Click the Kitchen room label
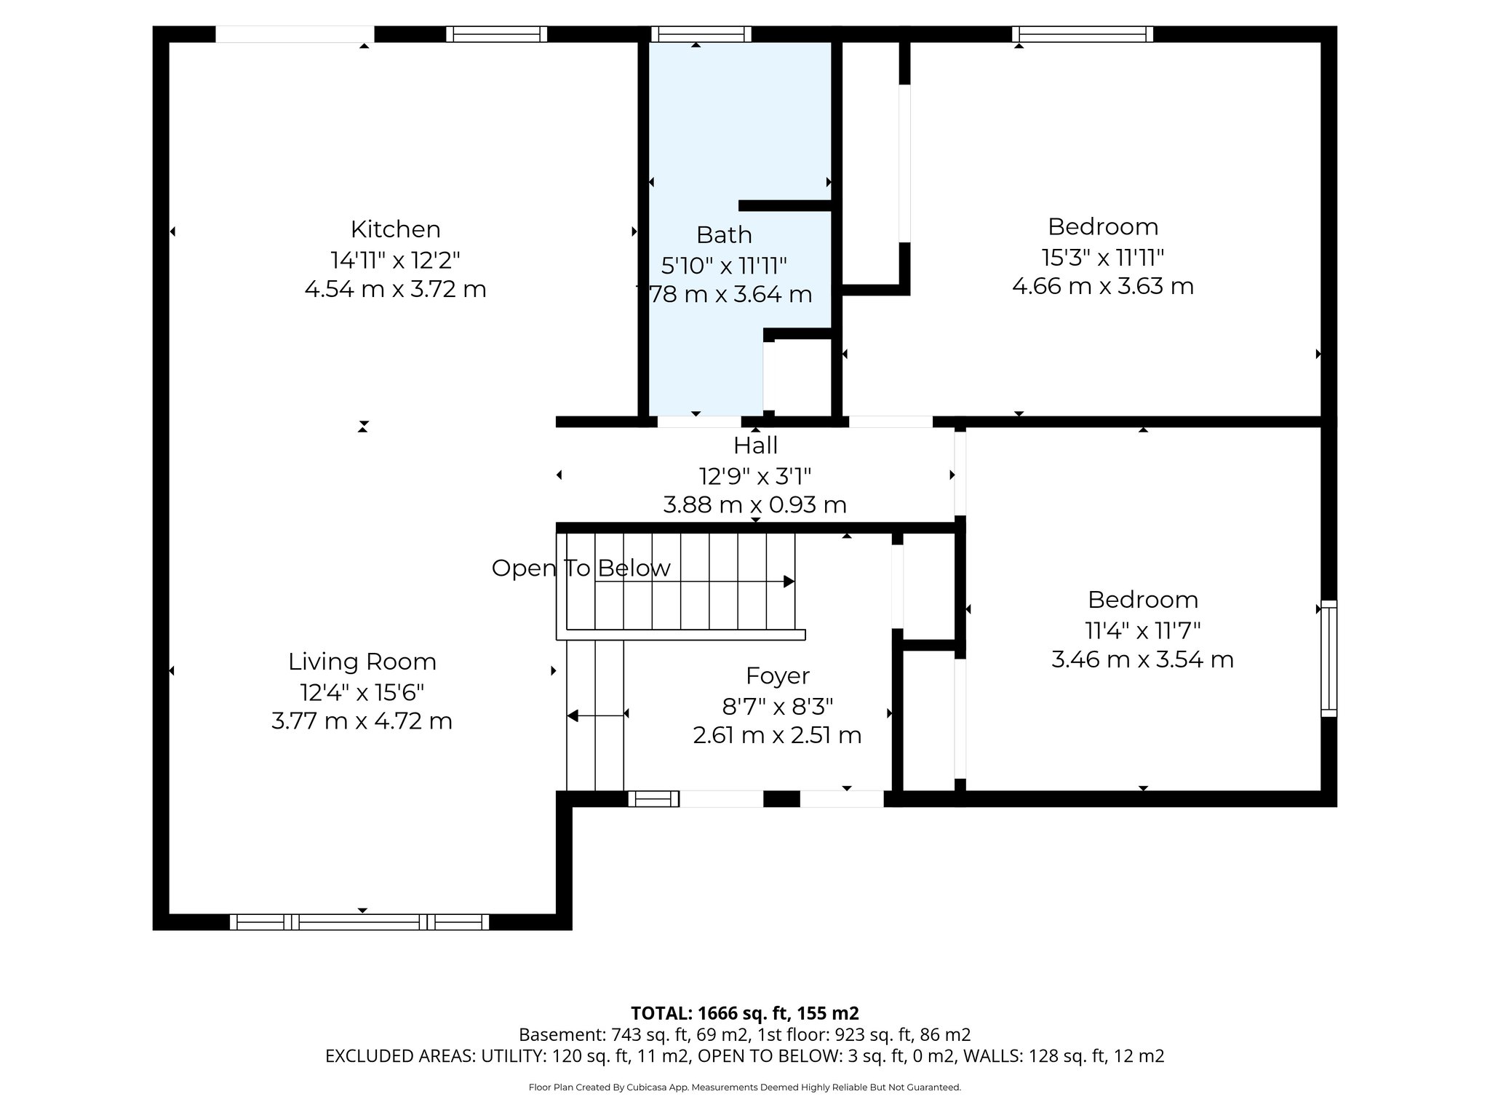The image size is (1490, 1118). point(395,229)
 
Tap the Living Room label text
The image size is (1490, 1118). point(362,662)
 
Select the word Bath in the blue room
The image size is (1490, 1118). point(723,235)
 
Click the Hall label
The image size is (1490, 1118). point(755,445)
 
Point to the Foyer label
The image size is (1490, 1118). point(777,676)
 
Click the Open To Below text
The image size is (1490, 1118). point(581,568)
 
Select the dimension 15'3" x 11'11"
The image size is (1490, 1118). point(1102,257)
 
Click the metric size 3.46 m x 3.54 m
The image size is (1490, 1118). point(1142,660)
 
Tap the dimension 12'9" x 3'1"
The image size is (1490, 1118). point(755,476)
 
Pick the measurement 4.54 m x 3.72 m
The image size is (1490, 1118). point(395,290)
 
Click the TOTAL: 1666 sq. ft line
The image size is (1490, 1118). point(744,1013)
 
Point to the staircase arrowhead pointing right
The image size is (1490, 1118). point(788,582)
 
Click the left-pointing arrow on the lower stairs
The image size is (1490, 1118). point(573,716)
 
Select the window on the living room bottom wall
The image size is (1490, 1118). point(359,922)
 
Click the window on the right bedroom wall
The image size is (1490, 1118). point(1328,659)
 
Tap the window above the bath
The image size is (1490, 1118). point(701,33)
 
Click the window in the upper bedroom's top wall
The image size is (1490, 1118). point(1082,33)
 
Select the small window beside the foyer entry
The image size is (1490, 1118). point(653,798)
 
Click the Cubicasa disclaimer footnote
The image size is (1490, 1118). point(744,1087)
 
